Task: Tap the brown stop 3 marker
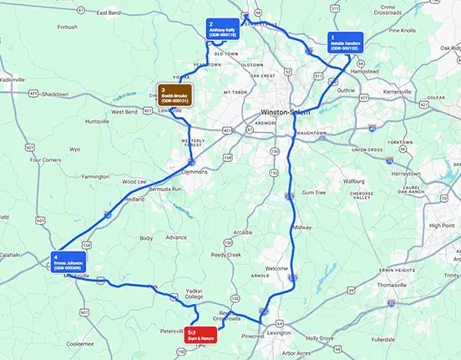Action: (176, 94)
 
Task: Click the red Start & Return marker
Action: (200, 333)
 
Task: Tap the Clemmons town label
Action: (193, 172)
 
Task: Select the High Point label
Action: (441, 225)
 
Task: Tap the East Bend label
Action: (109, 13)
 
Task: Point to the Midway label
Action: (301, 227)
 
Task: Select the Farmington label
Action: (95, 177)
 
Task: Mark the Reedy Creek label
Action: (226, 255)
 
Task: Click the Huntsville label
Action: (98, 121)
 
